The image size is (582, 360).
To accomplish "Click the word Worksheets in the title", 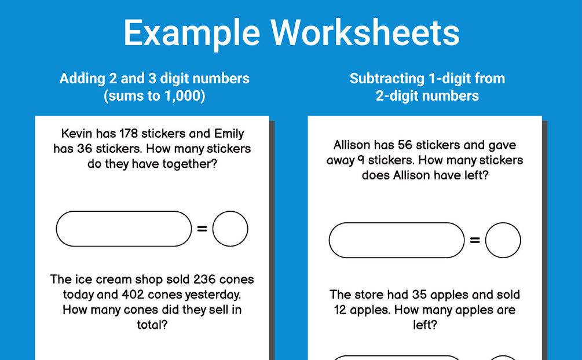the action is (x=365, y=32).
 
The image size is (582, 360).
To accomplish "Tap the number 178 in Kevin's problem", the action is (x=129, y=133).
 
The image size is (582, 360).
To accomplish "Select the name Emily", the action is (x=229, y=134).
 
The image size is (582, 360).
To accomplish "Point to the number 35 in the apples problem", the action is (x=419, y=295).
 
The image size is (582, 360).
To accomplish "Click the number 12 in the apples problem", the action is (x=340, y=310).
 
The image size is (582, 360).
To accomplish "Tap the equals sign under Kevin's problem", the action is (x=202, y=229).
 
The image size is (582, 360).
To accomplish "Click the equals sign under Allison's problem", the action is (x=475, y=240).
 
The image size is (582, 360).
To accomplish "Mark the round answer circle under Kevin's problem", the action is (x=230, y=211).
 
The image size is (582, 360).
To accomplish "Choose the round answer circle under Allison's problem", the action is (x=503, y=223).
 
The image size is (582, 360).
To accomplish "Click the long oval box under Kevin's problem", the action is (x=123, y=211).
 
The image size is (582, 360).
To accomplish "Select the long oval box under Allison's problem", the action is (x=397, y=223).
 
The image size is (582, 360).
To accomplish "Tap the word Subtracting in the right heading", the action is (x=387, y=79).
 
